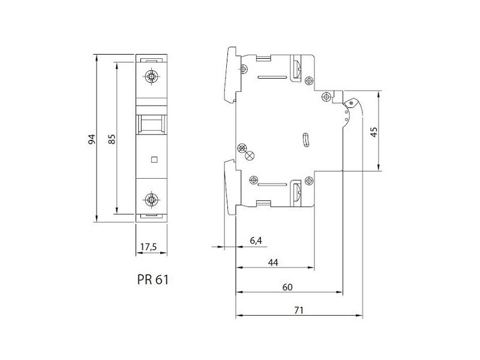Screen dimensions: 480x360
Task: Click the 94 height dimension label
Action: pyautogui.click(x=92, y=139)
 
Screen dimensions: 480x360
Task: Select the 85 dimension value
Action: pyautogui.click(x=112, y=139)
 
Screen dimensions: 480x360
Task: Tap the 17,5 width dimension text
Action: pyautogui.click(x=148, y=247)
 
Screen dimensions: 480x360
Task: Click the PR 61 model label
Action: pyautogui.click(x=153, y=280)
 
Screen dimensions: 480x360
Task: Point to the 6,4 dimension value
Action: pyautogui.click(x=256, y=241)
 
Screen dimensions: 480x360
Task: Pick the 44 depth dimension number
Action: pyautogui.click(x=273, y=262)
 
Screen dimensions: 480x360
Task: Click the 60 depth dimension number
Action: pyautogui.click(x=287, y=287)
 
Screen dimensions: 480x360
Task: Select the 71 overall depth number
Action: pyautogui.click(x=298, y=310)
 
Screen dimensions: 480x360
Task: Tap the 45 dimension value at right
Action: pyautogui.click(x=374, y=132)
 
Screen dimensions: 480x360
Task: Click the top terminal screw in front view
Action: pyautogui.click(x=152, y=76)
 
